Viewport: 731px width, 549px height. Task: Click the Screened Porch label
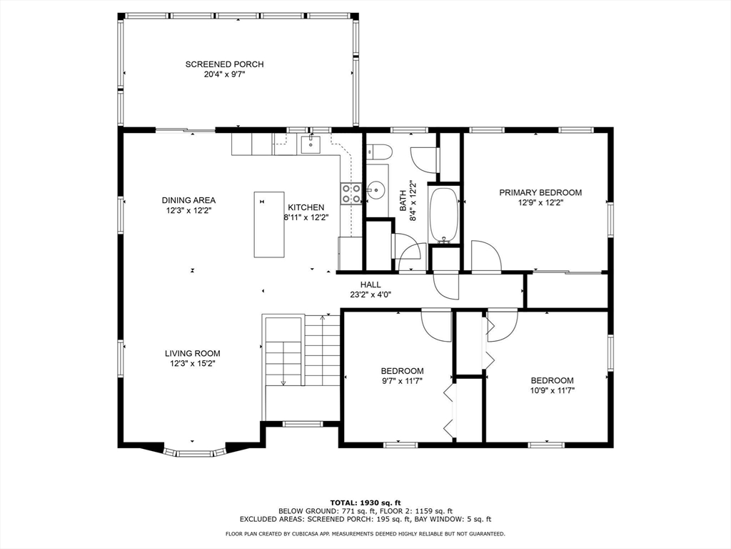coord(224,64)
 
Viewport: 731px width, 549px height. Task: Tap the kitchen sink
coord(311,144)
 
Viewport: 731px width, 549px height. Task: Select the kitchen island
coord(269,224)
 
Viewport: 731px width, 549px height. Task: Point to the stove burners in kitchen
coord(351,194)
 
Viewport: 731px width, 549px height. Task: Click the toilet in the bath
coord(378,152)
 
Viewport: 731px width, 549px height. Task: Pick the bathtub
coord(444,214)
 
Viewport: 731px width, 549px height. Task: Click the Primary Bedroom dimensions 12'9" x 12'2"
coord(540,203)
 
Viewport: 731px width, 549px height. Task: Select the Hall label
coord(370,285)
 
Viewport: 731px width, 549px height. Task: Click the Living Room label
coord(192,353)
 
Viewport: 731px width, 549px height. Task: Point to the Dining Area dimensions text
coord(188,211)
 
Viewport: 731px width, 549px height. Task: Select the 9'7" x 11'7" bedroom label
coord(403,376)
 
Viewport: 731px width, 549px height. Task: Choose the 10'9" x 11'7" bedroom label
coord(552,385)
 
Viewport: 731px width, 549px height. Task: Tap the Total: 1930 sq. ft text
coord(365,503)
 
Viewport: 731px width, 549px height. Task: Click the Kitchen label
coord(306,207)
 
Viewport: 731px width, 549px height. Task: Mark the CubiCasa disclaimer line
coord(365,533)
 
